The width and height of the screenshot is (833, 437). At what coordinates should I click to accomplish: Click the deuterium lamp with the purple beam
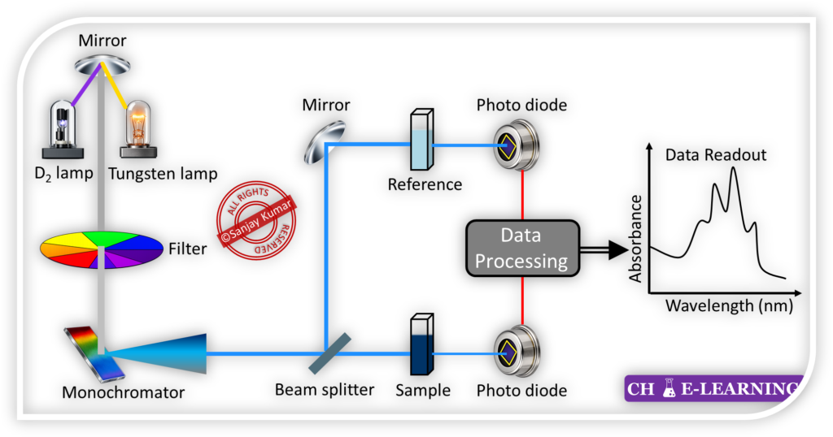click(x=63, y=126)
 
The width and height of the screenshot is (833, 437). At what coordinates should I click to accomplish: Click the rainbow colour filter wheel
click(x=102, y=249)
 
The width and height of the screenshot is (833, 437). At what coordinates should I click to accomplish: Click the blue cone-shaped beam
click(x=159, y=354)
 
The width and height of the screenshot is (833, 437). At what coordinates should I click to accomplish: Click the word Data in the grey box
click(x=521, y=236)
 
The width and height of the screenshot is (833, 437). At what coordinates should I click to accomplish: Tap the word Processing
click(x=521, y=261)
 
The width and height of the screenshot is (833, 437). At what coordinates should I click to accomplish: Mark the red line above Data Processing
click(x=521, y=197)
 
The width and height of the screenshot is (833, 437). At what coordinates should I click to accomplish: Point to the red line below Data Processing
click(x=521, y=301)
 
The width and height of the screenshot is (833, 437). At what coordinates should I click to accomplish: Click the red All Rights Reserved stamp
click(x=257, y=220)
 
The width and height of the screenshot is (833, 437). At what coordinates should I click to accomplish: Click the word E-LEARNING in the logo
click(x=739, y=388)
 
